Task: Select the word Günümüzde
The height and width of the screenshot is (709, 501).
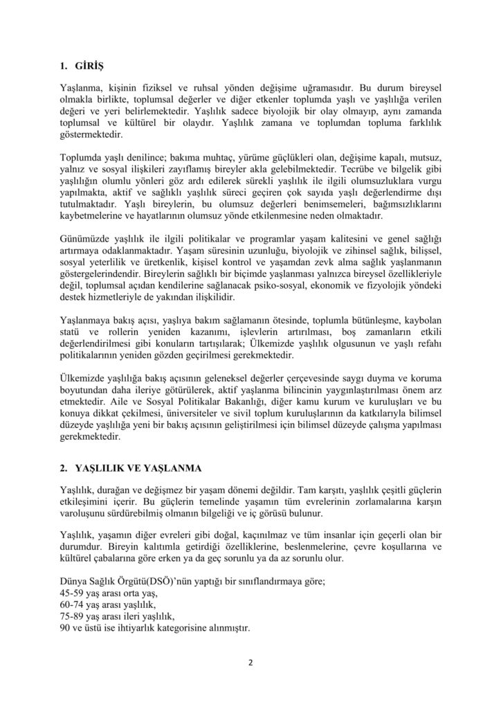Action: pos(85,239)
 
